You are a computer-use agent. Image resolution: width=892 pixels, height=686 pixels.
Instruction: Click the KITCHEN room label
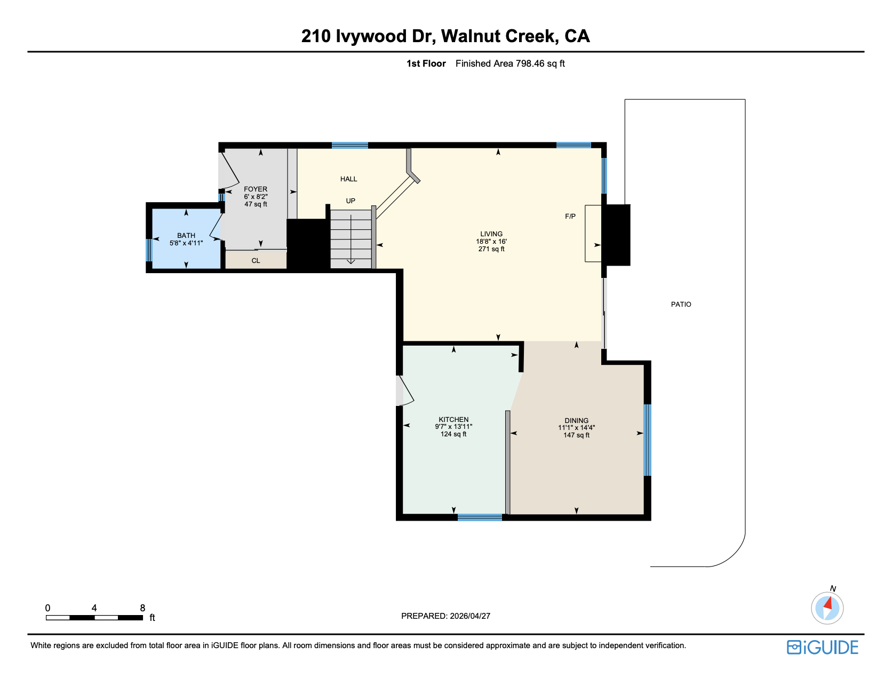click(453, 419)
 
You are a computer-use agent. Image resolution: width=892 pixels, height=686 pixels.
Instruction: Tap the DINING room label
click(576, 420)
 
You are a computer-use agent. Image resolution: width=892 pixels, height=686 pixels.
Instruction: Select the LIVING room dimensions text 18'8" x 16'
click(491, 242)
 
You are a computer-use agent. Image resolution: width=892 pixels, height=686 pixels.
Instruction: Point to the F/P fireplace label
click(570, 216)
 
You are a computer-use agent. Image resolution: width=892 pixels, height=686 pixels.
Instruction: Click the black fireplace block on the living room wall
click(616, 235)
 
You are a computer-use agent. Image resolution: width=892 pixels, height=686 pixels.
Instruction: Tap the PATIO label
click(681, 304)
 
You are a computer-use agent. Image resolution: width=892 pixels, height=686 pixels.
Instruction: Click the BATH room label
click(186, 235)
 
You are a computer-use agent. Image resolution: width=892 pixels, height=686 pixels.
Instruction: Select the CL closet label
click(256, 261)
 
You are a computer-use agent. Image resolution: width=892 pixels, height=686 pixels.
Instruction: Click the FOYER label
click(256, 189)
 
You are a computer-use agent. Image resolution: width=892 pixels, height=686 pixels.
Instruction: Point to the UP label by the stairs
click(351, 201)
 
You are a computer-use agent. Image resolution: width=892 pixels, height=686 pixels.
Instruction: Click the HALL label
click(348, 179)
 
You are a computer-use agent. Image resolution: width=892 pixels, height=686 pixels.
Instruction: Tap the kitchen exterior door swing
click(404, 391)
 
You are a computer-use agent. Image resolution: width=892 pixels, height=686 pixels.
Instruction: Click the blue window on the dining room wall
click(647, 440)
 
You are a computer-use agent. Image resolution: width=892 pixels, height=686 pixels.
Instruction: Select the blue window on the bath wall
click(149, 250)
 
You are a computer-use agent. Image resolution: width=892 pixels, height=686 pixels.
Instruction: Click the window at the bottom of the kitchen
click(480, 517)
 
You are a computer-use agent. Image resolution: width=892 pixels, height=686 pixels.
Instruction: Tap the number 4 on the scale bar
click(94, 608)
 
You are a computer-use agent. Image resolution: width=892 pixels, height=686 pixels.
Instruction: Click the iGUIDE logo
click(822, 647)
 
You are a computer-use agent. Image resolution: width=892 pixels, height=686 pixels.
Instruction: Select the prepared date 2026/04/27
click(469, 616)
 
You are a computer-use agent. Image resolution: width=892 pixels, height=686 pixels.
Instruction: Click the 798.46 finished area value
click(530, 63)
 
